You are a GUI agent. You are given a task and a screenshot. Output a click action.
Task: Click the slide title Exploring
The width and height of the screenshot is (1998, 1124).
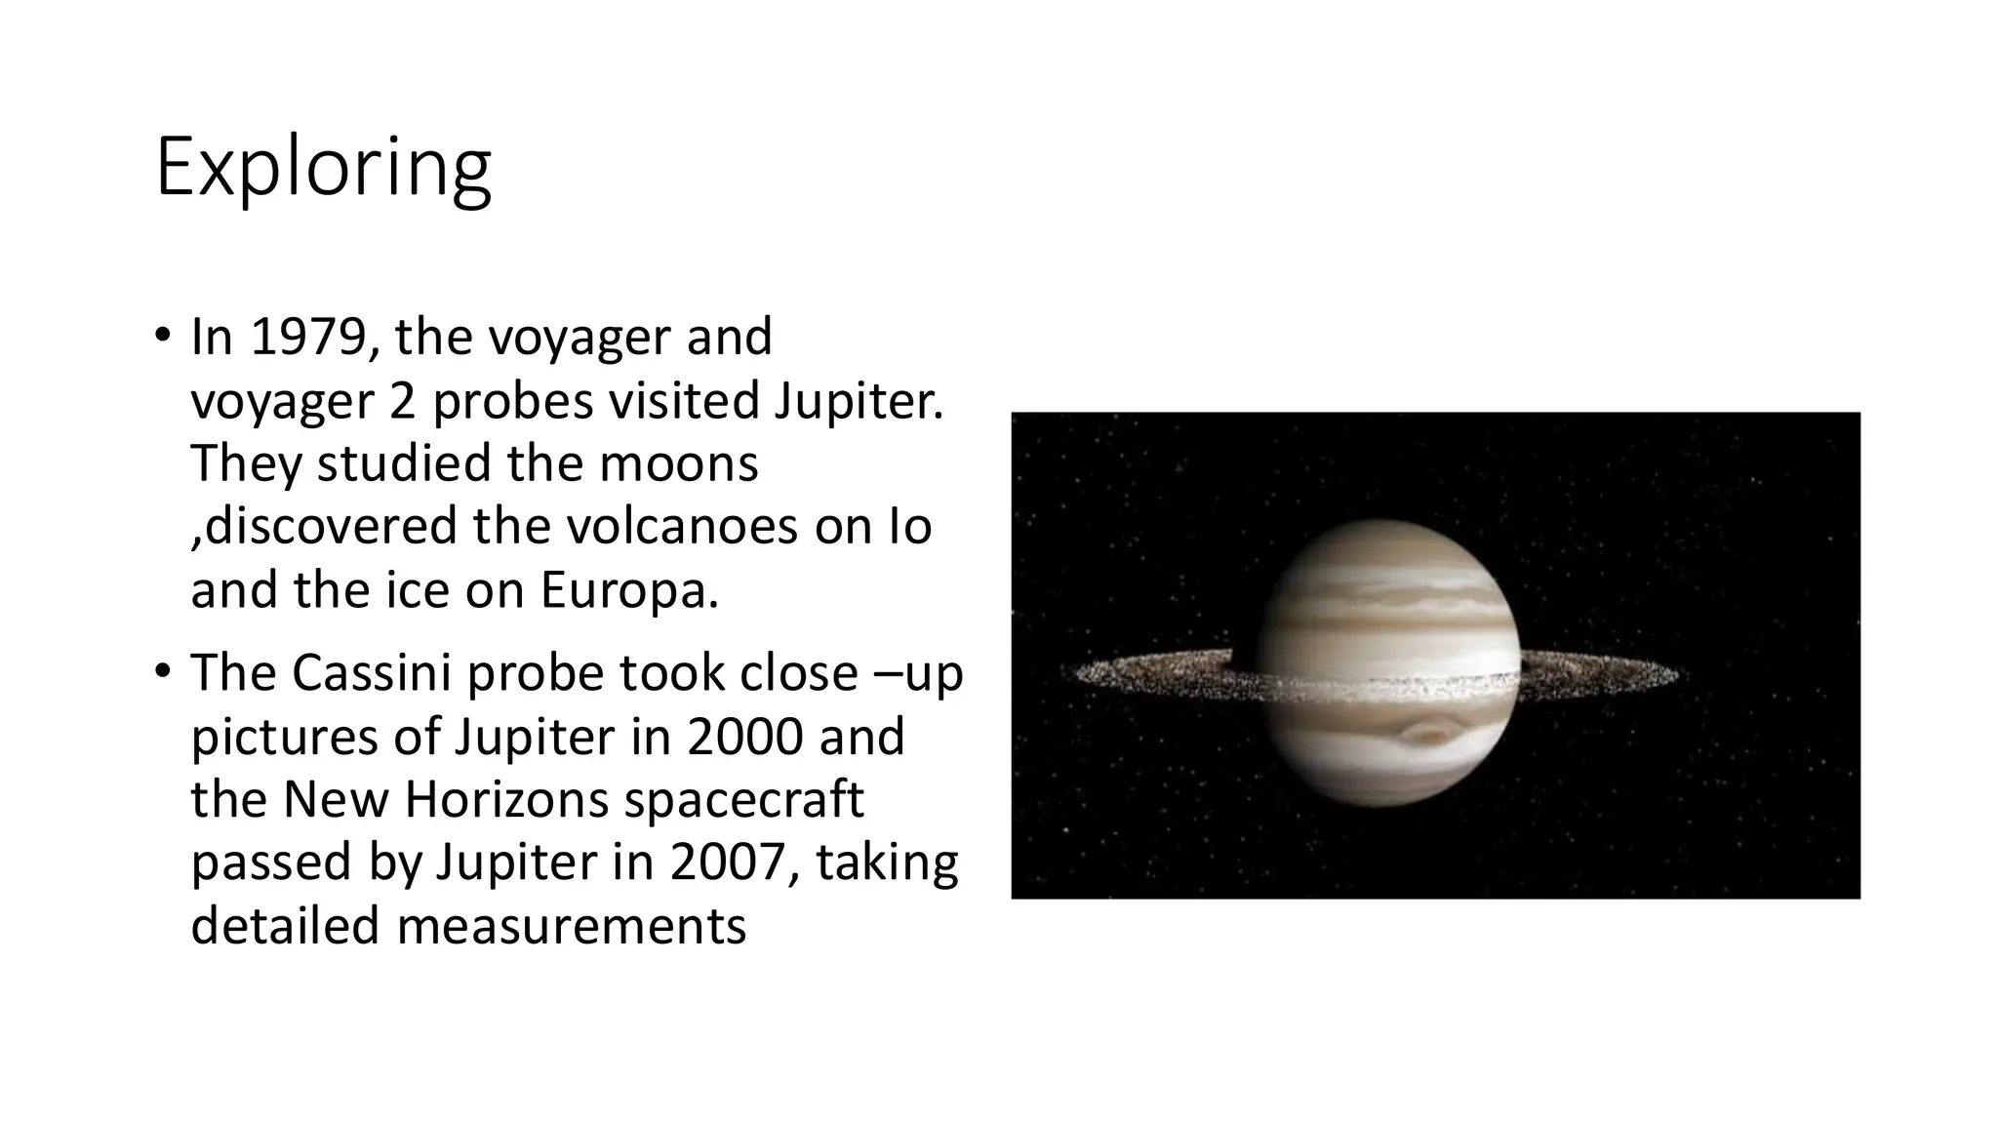[x=323, y=168]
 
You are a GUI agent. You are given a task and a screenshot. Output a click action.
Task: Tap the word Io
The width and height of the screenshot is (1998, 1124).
[x=909, y=527]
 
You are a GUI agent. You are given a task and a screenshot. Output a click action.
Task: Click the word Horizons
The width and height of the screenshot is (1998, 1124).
[x=506, y=799]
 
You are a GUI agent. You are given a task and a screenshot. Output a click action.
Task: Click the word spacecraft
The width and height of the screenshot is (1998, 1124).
[x=744, y=799]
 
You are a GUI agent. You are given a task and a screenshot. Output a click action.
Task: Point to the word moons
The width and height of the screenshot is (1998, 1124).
[x=678, y=463]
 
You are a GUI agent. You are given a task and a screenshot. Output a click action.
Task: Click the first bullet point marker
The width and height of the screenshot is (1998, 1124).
[x=162, y=337]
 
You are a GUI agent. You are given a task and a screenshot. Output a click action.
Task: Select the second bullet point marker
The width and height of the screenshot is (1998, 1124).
[x=162, y=673]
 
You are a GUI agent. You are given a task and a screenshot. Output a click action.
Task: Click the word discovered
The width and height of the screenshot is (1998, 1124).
[x=331, y=527]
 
